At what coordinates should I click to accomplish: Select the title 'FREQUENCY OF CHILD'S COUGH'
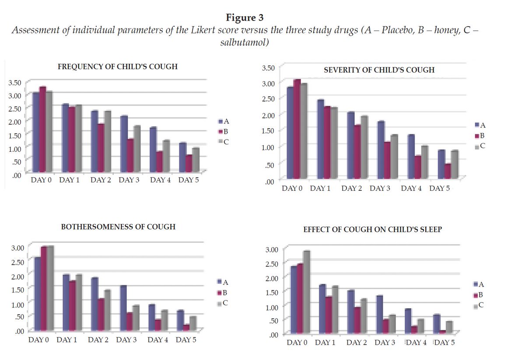[x=118, y=67]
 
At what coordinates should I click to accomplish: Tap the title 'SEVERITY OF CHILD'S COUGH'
[x=379, y=70]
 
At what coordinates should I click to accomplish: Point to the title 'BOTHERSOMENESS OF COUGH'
[x=118, y=227]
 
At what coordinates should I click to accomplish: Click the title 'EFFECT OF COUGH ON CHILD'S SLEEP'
[x=372, y=229]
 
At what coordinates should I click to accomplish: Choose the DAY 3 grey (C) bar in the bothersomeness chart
[x=136, y=318]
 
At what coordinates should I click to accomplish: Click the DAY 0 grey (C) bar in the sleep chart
[x=306, y=292]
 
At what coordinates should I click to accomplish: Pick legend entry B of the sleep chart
[x=479, y=295]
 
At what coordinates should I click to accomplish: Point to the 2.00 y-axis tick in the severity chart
[x=268, y=115]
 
